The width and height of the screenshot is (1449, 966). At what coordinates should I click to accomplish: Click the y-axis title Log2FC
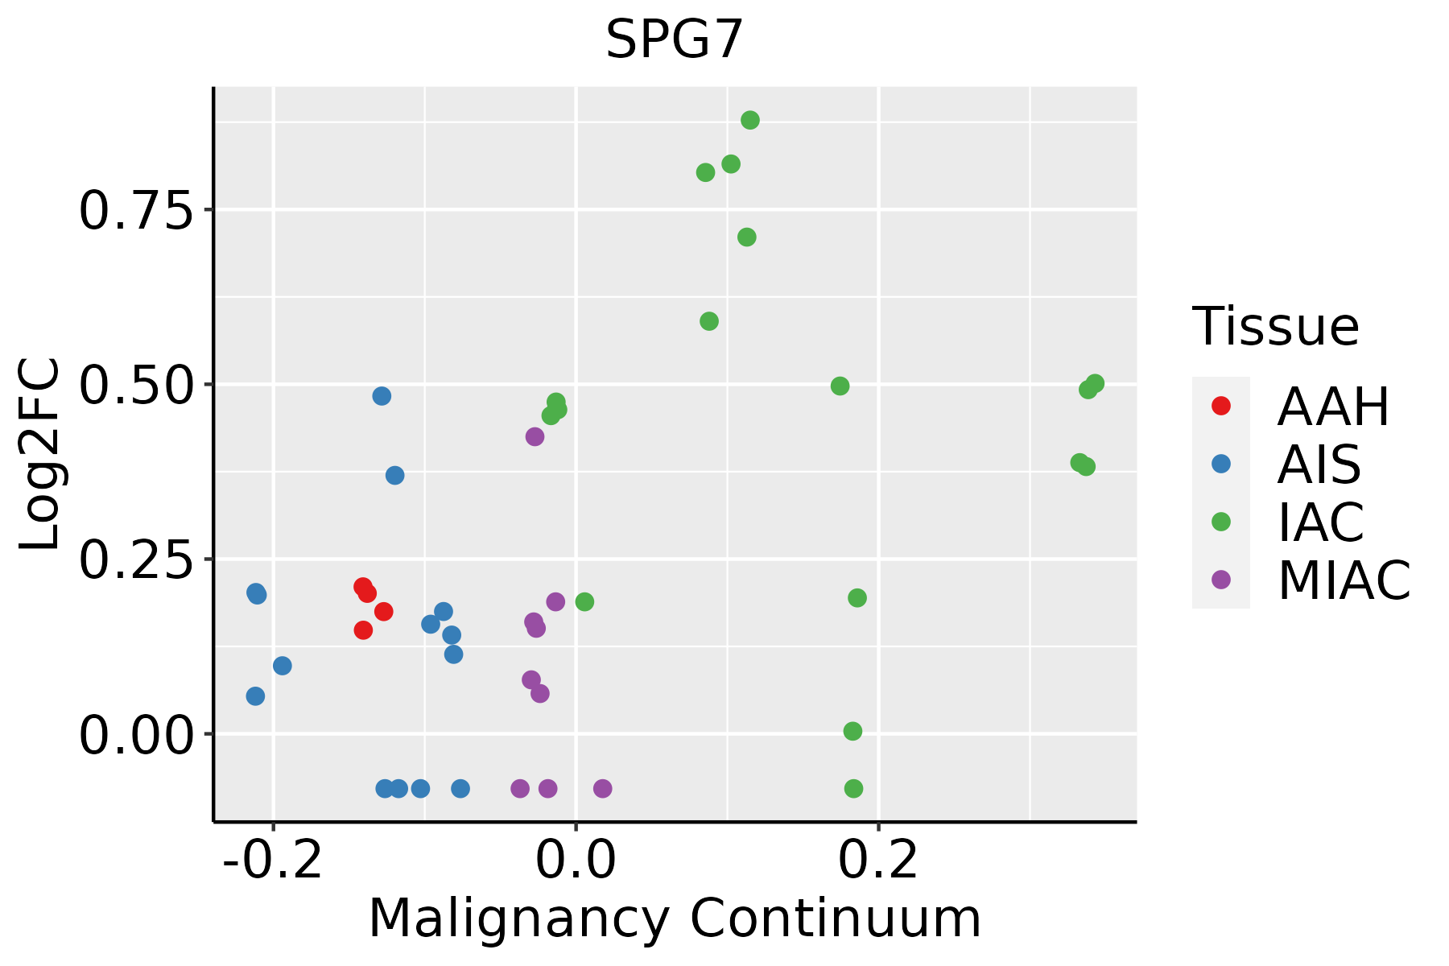[x=40, y=454]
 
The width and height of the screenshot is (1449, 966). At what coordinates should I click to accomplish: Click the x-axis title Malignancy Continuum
[x=675, y=919]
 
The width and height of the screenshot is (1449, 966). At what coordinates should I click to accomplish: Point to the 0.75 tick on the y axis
[x=137, y=211]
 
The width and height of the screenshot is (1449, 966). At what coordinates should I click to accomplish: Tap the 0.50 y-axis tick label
[x=137, y=386]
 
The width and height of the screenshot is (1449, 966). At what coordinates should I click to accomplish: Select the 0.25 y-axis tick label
[x=137, y=560]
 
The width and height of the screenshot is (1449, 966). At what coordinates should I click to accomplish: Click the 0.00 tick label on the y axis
[x=137, y=736]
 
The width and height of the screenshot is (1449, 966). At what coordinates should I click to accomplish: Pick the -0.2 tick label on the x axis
[x=273, y=861]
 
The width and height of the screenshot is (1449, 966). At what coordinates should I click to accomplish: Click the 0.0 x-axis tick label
[x=576, y=861]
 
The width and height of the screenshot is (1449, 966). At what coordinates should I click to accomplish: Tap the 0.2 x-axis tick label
[x=878, y=861]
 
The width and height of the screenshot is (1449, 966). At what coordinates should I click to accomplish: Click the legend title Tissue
[x=1276, y=327]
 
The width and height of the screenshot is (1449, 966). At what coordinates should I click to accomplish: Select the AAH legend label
[x=1333, y=407]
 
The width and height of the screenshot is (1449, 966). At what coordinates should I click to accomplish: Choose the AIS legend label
[x=1319, y=464]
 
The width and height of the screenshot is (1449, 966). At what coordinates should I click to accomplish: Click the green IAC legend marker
[x=1221, y=522]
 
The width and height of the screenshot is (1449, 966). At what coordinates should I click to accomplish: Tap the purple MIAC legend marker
[x=1221, y=580]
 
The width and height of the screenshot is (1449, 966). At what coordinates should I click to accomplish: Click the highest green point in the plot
[x=750, y=121]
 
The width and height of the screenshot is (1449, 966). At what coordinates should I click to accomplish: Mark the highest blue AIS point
[x=382, y=396]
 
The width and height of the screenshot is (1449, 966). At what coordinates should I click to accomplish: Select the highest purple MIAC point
[x=535, y=437]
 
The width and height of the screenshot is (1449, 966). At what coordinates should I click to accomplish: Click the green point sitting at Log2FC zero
[x=852, y=731]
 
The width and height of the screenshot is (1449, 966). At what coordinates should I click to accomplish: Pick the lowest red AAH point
[x=363, y=630]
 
